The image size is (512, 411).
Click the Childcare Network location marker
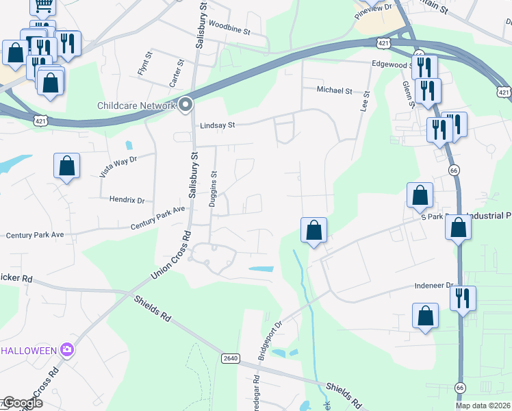click(185, 105)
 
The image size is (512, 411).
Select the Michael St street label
click(334, 90)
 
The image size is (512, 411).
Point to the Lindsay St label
click(218, 125)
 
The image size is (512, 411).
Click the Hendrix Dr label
click(127, 201)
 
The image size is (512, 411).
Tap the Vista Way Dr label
click(118, 166)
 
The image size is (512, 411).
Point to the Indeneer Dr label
click(434, 285)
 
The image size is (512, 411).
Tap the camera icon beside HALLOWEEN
click(66, 350)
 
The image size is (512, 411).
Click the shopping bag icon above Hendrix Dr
click(66, 166)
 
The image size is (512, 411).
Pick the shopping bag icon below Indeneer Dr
click(425, 316)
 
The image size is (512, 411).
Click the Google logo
click(22, 403)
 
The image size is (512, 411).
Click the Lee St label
click(366, 101)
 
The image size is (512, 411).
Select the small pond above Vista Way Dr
click(129, 145)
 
